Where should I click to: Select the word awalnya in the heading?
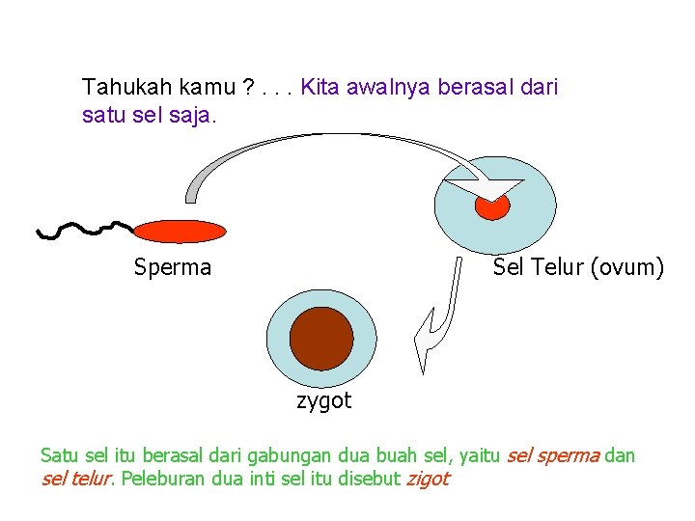(x=387, y=88)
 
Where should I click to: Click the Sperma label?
(x=172, y=267)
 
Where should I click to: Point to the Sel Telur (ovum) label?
(x=578, y=266)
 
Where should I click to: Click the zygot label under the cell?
(x=323, y=400)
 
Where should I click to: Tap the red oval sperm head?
(x=180, y=231)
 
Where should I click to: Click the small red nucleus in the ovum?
(x=492, y=206)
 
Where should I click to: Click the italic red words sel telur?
(x=77, y=479)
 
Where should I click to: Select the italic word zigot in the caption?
(x=428, y=479)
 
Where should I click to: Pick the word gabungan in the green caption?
(x=287, y=455)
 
